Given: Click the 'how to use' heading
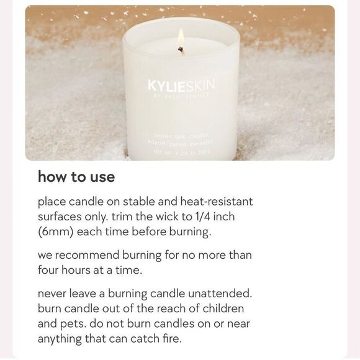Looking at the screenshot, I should coord(76,177).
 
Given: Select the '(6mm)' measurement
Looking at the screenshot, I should coord(55,232).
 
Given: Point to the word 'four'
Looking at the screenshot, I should coord(49,270).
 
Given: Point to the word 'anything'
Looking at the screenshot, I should coord(61,339).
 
